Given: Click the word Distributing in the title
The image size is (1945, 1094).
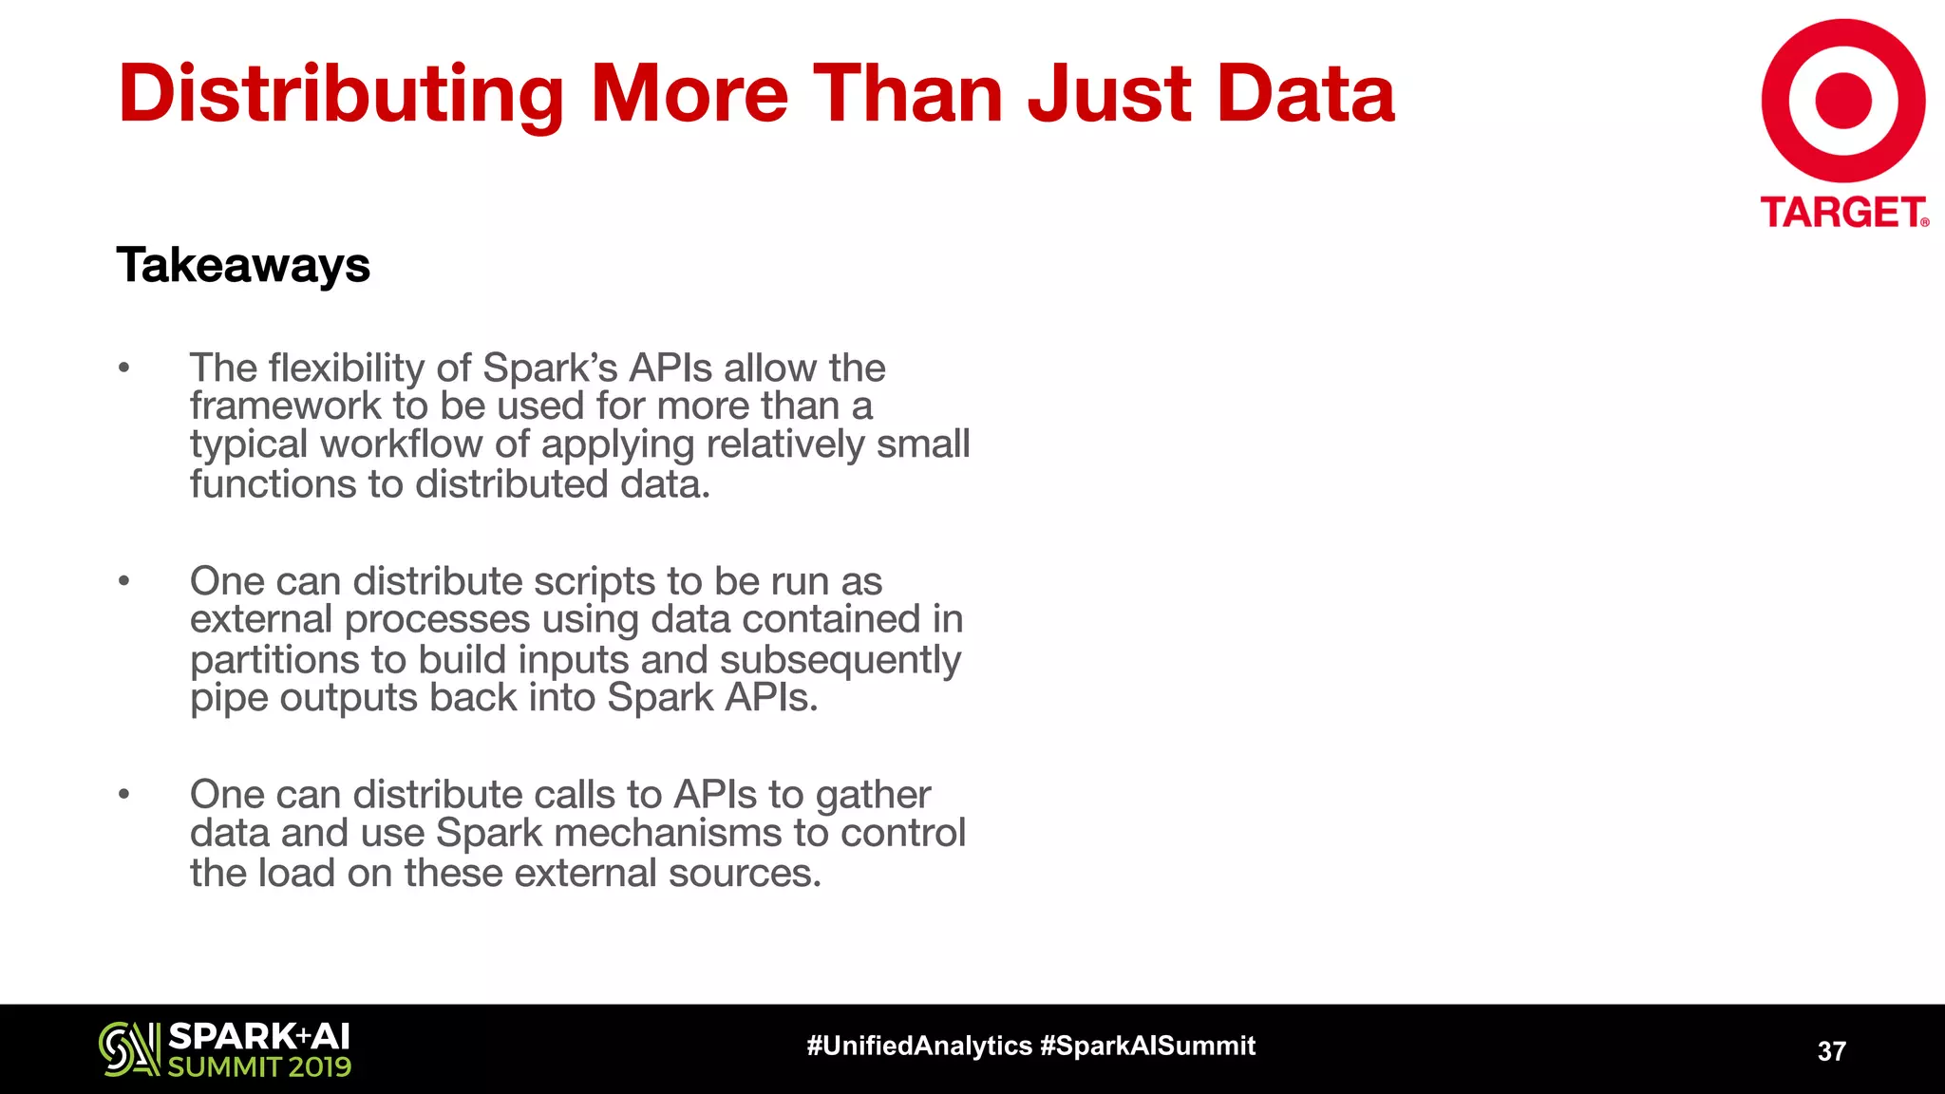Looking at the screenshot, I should [x=341, y=94].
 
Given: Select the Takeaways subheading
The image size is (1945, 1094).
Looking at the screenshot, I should [x=243, y=265].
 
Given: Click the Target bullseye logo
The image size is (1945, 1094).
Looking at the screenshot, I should [x=1842, y=101].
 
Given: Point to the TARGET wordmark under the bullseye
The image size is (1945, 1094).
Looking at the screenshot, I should [x=1842, y=212].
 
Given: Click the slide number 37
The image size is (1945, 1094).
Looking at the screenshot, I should [x=1831, y=1051].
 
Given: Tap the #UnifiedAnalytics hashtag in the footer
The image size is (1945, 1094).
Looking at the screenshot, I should [x=918, y=1046].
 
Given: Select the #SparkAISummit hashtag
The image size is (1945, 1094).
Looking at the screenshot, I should [x=1148, y=1046].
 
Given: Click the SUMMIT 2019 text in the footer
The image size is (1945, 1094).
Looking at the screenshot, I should [x=259, y=1067].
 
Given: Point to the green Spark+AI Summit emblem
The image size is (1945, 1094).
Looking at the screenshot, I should [x=129, y=1048].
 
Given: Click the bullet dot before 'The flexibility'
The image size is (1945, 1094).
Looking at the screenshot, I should [x=123, y=368].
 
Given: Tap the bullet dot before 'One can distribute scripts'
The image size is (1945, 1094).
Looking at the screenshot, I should [x=123, y=580].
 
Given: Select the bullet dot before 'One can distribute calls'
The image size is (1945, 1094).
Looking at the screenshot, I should [x=123, y=794].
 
